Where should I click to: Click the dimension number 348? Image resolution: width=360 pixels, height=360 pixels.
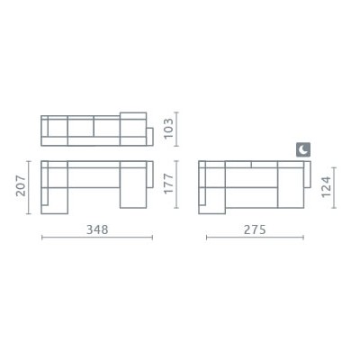tap(97, 229)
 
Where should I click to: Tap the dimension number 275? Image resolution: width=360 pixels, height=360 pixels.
tap(255, 229)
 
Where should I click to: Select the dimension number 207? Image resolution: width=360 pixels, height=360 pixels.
tap(21, 185)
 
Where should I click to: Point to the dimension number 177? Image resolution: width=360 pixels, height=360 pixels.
tap(169, 184)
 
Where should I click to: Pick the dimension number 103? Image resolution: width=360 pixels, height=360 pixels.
tap(169, 129)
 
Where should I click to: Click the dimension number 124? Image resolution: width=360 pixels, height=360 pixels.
tap(326, 186)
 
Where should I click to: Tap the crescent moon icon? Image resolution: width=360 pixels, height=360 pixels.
tap(303, 149)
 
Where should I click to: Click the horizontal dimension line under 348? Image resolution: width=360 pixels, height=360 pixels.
tap(97, 238)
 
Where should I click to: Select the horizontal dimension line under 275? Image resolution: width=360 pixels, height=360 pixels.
tap(255, 238)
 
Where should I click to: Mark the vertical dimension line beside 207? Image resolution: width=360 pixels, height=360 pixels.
tap(29, 187)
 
